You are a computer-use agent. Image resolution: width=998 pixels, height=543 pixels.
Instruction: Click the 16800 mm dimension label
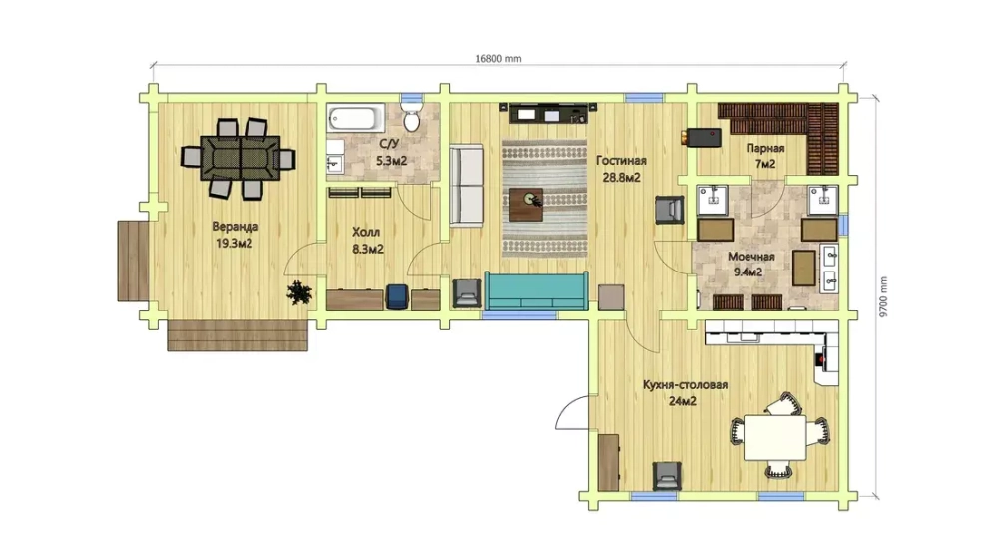tap(498, 59)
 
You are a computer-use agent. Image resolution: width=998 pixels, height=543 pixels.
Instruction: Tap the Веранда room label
tap(235, 226)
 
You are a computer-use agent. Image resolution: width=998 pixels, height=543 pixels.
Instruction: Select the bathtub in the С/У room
tap(356, 119)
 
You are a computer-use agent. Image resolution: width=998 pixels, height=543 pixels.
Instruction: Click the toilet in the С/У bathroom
tap(412, 118)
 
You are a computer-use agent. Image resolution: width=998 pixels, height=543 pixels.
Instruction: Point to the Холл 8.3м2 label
tap(368, 241)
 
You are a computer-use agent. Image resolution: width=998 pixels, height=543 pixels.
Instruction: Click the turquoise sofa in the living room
tap(536, 290)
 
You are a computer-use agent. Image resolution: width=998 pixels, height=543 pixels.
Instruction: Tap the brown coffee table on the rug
tap(526, 204)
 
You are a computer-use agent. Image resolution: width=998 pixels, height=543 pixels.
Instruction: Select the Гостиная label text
tap(621, 161)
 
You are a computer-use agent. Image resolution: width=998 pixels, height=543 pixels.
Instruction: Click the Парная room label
tap(765, 149)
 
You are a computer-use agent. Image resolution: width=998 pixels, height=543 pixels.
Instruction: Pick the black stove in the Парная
tap(703, 137)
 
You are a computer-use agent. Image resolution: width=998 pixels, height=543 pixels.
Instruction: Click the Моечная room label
tap(751, 257)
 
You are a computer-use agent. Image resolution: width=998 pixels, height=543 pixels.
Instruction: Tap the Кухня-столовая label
tap(685, 385)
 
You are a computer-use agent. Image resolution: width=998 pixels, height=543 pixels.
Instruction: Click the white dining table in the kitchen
tap(775, 437)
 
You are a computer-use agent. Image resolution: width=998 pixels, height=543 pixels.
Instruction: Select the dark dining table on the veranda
tap(240, 157)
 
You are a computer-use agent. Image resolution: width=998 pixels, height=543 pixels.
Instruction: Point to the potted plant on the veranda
tap(299, 292)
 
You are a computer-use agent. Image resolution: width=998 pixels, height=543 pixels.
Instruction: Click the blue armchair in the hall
tap(396, 297)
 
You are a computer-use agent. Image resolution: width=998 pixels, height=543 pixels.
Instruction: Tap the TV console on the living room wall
tap(549, 114)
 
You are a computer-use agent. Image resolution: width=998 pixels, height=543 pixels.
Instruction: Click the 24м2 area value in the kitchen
tap(682, 401)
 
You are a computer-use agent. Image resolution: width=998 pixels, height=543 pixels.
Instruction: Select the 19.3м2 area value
tap(235, 243)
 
